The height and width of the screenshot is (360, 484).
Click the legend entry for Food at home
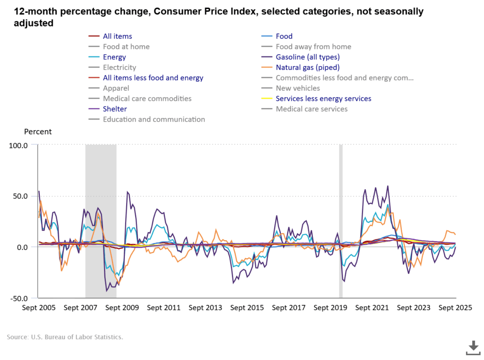point(126,47)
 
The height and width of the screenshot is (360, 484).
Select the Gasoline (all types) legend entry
point(307,57)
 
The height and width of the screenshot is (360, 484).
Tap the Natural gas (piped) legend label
point(308,68)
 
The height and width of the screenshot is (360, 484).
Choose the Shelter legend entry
point(115,109)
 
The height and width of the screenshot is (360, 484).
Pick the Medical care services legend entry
point(311,109)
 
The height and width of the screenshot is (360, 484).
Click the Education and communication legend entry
point(154,120)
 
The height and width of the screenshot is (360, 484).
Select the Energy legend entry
point(114,57)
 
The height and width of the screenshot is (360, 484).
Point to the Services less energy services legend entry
point(323,99)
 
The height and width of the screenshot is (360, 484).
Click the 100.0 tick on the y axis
point(18,145)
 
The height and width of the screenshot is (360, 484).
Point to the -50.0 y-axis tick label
point(18,299)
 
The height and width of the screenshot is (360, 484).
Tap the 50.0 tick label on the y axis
point(20,196)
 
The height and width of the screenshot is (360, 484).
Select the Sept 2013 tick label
point(205,308)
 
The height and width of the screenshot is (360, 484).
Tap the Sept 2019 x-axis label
point(330,308)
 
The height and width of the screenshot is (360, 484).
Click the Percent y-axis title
point(38,132)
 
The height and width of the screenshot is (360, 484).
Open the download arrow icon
point(473,347)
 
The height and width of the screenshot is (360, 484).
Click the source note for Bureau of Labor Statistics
point(65,337)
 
